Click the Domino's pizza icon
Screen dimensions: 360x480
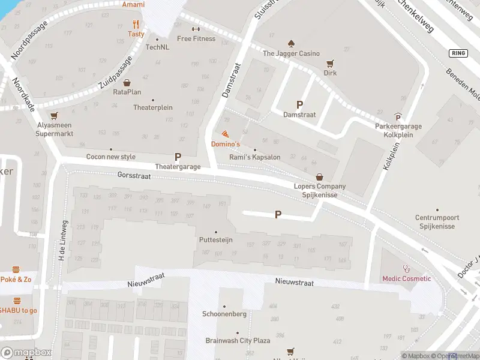click(x=225, y=134)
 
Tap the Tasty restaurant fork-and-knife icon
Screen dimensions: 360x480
click(x=136, y=25)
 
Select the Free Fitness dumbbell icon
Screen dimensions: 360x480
click(x=196, y=29)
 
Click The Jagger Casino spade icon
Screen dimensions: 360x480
click(x=291, y=44)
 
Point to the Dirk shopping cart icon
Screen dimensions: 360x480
click(x=329, y=63)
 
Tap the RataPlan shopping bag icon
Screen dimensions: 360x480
click(x=127, y=83)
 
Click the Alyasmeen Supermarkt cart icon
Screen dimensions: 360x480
click(x=55, y=116)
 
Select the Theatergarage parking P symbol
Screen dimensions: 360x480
click(x=178, y=157)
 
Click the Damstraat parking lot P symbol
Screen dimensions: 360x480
click(x=299, y=104)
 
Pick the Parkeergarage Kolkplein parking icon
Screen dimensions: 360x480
click(x=398, y=117)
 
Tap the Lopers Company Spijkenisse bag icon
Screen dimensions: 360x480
click(x=319, y=177)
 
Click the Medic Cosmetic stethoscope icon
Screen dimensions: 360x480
click(x=407, y=269)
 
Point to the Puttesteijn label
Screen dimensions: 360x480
click(x=216, y=239)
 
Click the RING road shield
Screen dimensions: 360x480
click(x=458, y=53)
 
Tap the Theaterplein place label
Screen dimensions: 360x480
click(x=153, y=107)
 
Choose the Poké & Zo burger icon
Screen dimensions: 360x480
click(x=16, y=269)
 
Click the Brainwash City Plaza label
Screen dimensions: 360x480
click(x=237, y=340)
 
